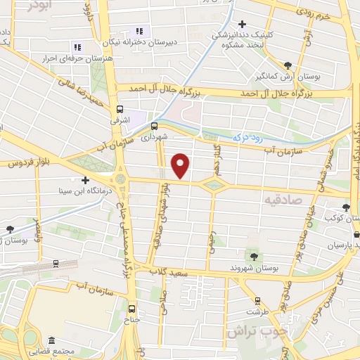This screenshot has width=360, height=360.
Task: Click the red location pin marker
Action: point(181,165)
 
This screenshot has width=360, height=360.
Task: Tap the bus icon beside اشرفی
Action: point(120,109)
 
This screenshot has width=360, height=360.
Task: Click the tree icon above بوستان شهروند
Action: point(253,256)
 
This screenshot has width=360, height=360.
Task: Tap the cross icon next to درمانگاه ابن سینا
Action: point(86,180)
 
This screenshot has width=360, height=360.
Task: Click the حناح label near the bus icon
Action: point(131,320)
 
